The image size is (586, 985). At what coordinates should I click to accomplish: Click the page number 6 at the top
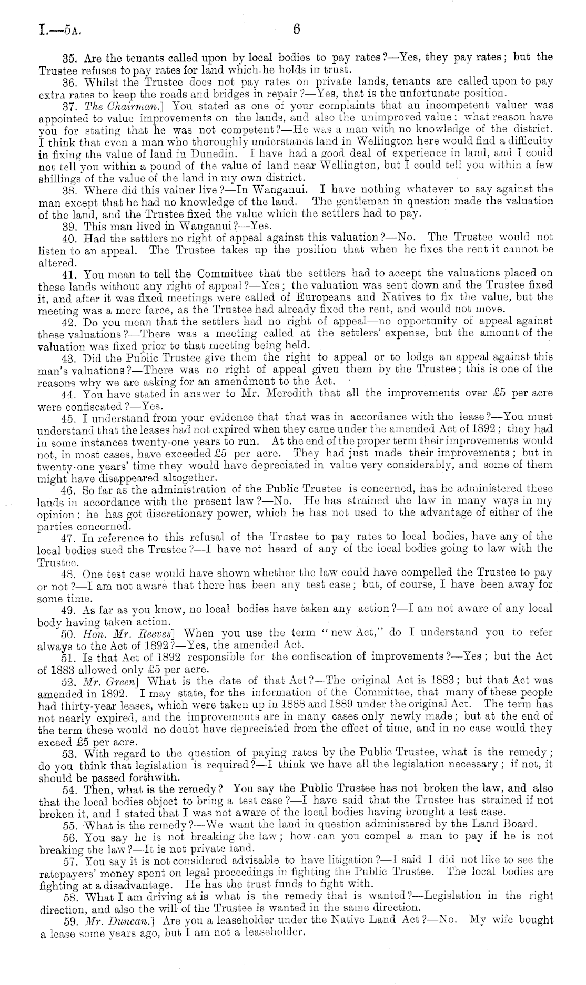(x=296, y=30)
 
